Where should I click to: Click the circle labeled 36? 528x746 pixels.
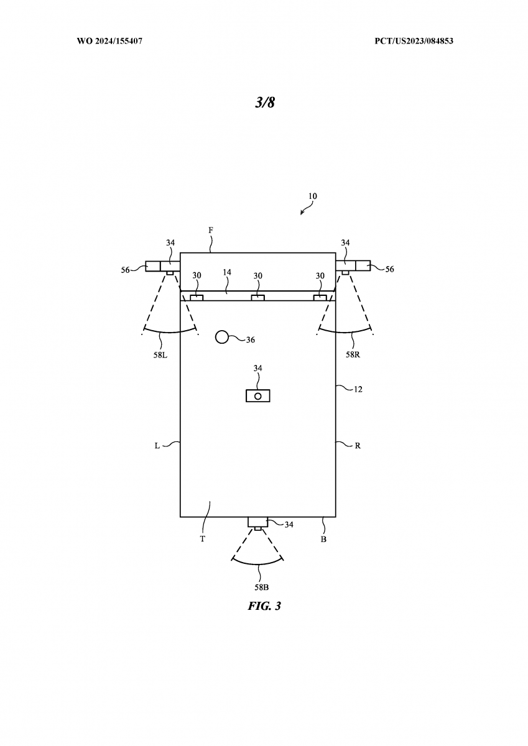pos(222,337)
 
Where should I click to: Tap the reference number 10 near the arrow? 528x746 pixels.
pos(312,196)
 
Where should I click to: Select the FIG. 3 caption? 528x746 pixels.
pos(264,606)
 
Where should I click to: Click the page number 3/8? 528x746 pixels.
pos(265,102)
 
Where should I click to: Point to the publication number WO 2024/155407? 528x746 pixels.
pos(109,41)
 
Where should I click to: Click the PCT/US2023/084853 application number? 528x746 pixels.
pos(414,41)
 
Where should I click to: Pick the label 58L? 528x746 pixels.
pos(160,355)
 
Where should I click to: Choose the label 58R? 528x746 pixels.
pos(353,354)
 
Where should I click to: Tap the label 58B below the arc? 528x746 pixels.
pos(261,587)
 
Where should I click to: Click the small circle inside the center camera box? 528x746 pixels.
pos(258,397)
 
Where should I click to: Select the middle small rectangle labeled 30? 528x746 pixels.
pos(258,297)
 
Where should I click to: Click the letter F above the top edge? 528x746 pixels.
pos(211,230)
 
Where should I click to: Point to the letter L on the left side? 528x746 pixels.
pos(157,446)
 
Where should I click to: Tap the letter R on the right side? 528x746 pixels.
pos(358,446)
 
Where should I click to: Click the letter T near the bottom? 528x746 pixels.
pos(203,539)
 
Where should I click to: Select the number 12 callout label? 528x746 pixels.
pos(358,389)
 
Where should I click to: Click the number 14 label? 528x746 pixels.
pos(227,272)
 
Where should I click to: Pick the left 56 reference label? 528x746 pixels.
pos(125,270)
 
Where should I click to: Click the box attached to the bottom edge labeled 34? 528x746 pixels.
pos(258,522)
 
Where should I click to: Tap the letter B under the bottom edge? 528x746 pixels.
pos(323,539)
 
